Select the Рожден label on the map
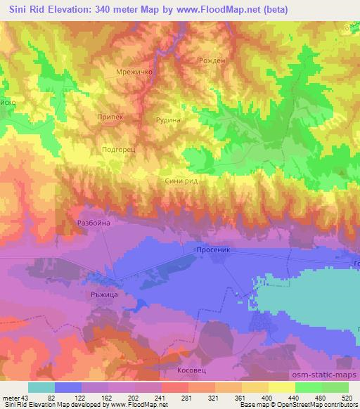tap(212, 60)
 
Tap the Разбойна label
tap(94, 223)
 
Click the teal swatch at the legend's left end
tap(41, 387)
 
